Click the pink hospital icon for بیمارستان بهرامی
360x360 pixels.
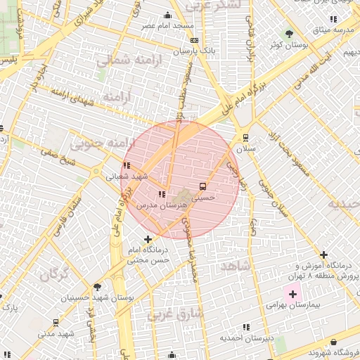click(x=292, y=292)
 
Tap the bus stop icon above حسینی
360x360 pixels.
click(x=203, y=186)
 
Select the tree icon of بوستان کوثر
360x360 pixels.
click(x=289, y=34)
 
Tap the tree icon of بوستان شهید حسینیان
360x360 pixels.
click(x=97, y=286)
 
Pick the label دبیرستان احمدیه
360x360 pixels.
click(x=243, y=338)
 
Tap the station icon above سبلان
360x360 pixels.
click(x=245, y=138)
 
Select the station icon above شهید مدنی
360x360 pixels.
click(x=56, y=323)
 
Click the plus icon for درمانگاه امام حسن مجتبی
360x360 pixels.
click(x=147, y=240)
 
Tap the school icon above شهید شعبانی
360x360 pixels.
click(x=126, y=166)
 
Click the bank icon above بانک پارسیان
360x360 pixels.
click(x=194, y=41)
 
